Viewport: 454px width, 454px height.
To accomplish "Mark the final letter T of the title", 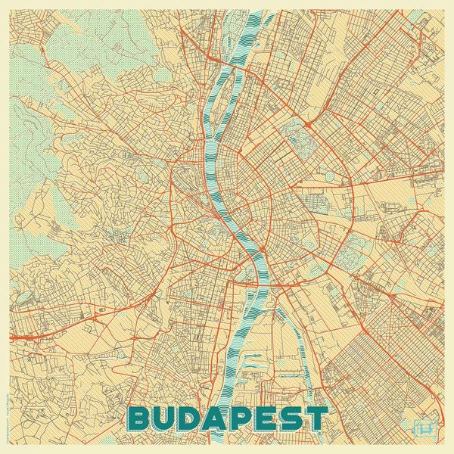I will click(318, 418).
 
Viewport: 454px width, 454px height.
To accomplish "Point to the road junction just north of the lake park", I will click(307, 122).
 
